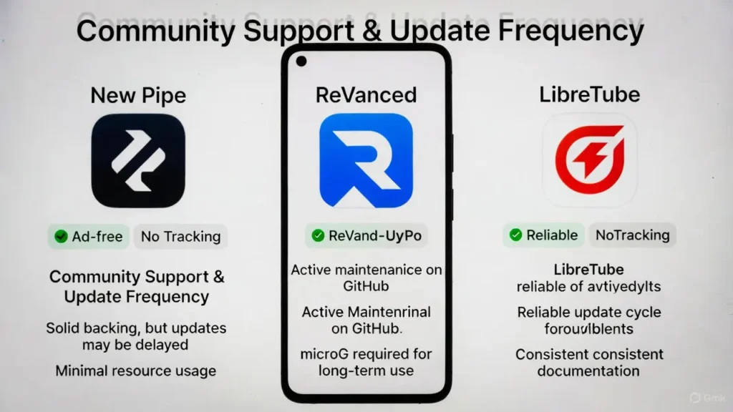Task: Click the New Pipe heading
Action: [x=137, y=95]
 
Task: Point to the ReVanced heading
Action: [x=366, y=95]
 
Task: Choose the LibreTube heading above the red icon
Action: [x=590, y=95]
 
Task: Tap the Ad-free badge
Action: [x=89, y=237]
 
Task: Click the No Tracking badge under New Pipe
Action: [x=180, y=237]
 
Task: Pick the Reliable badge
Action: [x=543, y=235]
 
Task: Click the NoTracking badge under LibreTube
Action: [x=632, y=235]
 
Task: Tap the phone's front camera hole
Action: [x=301, y=62]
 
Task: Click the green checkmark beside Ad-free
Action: [x=61, y=237]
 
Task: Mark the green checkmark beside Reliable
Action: [x=515, y=235]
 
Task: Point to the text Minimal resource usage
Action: [x=136, y=371]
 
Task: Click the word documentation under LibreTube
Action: [x=588, y=371]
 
